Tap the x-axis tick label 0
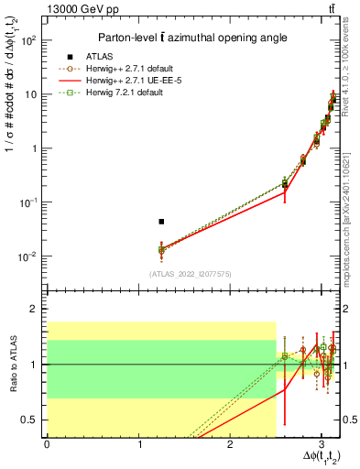tap(47, 443)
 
